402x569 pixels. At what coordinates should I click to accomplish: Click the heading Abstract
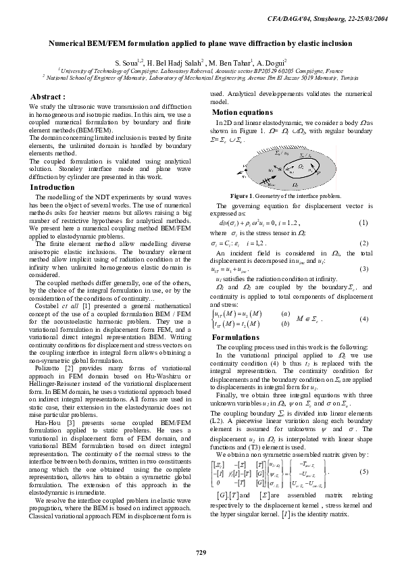[48, 97]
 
